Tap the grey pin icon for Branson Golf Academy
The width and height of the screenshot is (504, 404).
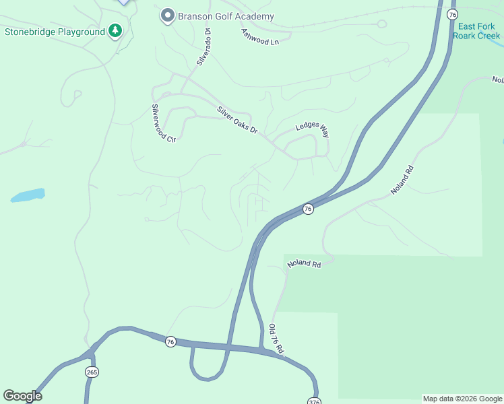[x=167, y=15]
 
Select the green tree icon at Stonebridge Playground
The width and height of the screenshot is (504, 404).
[x=116, y=31]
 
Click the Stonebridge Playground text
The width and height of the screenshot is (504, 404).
[x=55, y=32]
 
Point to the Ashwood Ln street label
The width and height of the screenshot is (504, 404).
[x=259, y=37]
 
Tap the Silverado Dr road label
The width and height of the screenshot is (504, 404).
[x=203, y=46]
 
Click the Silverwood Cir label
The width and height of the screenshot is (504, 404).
[x=162, y=123]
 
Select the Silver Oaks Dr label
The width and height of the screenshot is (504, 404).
[x=237, y=120]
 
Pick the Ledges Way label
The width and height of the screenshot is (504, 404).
[x=312, y=130]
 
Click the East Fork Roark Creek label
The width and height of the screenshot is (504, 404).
[x=476, y=31]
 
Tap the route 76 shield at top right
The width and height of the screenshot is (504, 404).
[x=452, y=14]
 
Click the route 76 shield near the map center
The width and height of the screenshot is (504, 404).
[x=308, y=209]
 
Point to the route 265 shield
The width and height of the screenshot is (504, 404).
[x=92, y=372]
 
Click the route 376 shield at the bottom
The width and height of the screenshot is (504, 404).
[x=314, y=401]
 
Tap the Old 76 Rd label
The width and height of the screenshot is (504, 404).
[x=276, y=339]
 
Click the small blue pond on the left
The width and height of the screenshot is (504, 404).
[x=28, y=195]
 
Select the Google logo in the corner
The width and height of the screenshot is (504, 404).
[x=22, y=396]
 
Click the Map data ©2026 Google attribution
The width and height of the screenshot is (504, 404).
[x=462, y=399]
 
